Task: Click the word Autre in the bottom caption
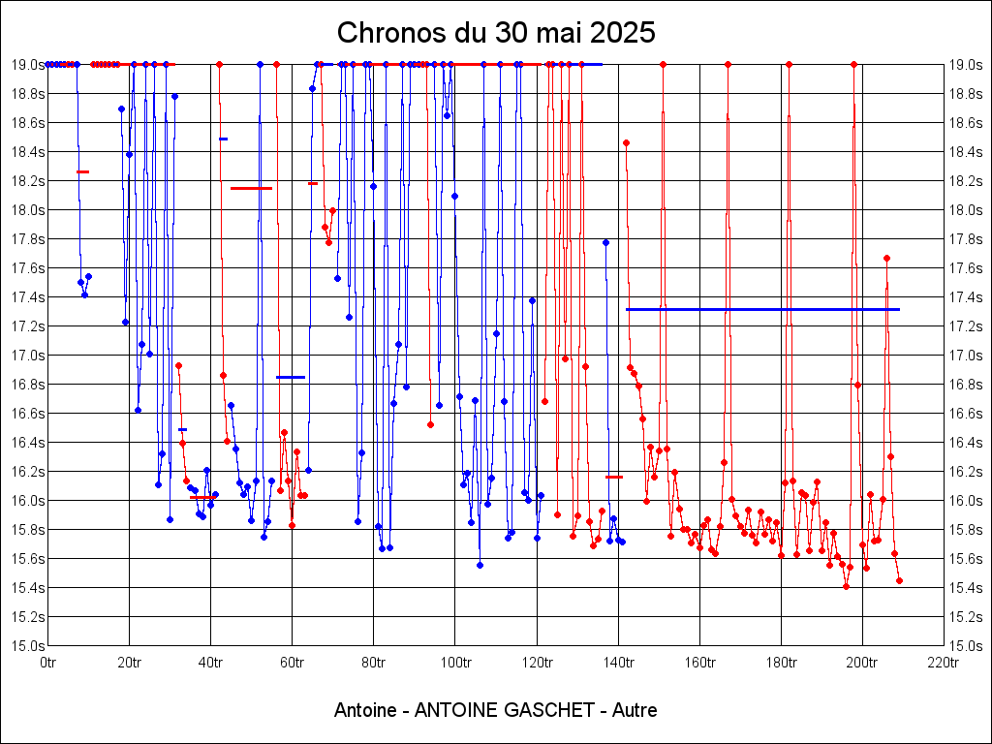pyautogui.click(x=635, y=710)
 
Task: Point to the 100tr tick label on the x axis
pyautogui.click(x=455, y=664)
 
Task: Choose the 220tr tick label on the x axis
pyautogui.click(x=944, y=664)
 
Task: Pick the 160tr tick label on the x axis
pyautogui.click(x=699, y=664)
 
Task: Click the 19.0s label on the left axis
pyautogui.click(x=27, y=65)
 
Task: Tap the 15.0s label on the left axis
pyautogui.click(x=27, y=646)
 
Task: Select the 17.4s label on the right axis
pyautogui.click(x=966, y=297)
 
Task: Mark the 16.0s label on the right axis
pyautogui.click(x=966, y=501)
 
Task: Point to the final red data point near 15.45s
pyautogui.click(x=899, y=580)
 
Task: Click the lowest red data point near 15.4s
pyautogui.click(x=846, y=586)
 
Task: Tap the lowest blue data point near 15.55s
pyautogui.click(x=480, y=565)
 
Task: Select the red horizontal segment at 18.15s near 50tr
pyautogui.click(x=251, y=188)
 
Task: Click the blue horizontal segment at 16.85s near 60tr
pyautogui.click(x=291, y=377)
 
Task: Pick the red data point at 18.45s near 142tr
pyautogui.click(x=626, y=142)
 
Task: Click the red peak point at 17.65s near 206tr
pyautogui.click(x=886, y=258)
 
